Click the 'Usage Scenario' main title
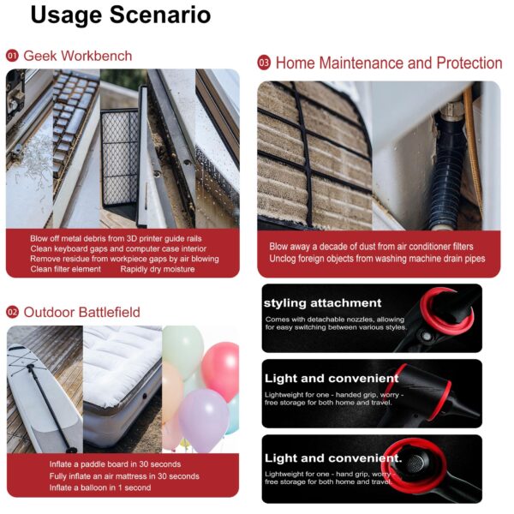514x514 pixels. click(x=121, y=15)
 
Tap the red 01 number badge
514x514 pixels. click(x=12, y=56)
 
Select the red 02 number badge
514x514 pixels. click(x=13, y=312)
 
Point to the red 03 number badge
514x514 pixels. click(x=264, y=63)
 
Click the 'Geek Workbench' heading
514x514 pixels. click(x=78, y=56)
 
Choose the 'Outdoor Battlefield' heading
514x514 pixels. click(x=81, y=312)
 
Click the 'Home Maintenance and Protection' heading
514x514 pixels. click(x=389, y=63)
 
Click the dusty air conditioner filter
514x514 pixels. click(x=314, y=156)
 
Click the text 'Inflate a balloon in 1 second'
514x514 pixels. click(x=100, y=487)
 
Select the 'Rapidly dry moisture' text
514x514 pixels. click(x=158, y=269)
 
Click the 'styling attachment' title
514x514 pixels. click(x=323, y=303)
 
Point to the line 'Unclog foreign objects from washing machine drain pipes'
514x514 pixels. click(x=377, y=259)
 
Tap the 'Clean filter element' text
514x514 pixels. click(x=66, y=269)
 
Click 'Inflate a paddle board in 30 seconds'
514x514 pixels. click(x=115, y=464)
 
